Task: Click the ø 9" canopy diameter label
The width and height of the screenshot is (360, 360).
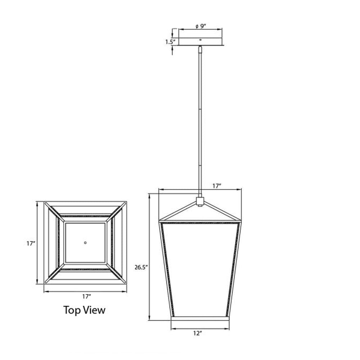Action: [200, 26]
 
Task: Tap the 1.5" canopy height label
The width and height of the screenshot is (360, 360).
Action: [170, 42]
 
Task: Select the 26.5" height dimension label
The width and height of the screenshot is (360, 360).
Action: [141, 267]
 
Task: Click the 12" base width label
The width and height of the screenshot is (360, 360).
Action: [197, 333]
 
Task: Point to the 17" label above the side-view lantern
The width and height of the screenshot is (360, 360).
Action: [216, 186]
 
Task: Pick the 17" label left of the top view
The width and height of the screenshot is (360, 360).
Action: [31, 243]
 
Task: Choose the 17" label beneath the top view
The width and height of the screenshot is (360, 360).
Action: [86, 297]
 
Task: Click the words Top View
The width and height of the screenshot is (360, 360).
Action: [85, 310]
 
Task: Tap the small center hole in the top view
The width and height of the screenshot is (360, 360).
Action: [85, 243]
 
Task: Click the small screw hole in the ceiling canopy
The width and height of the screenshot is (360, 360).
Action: [201, 39]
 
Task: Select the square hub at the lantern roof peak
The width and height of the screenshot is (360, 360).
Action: [200, 201]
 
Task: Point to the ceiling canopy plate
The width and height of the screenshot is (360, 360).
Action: [201, 41]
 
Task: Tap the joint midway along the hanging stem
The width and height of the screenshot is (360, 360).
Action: [201, 108]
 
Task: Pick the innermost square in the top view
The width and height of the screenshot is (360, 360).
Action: [85, 243]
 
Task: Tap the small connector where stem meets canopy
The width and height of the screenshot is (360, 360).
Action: [200, 48]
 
